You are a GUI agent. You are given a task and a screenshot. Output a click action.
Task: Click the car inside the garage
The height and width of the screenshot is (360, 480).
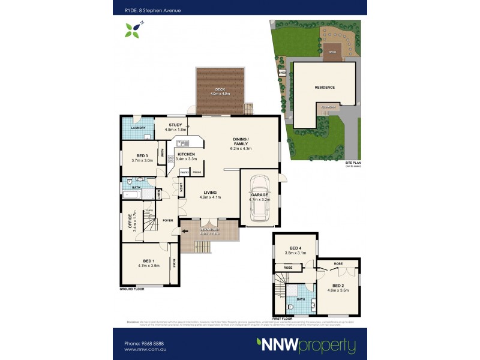pyautogui.click(x=259, y=198)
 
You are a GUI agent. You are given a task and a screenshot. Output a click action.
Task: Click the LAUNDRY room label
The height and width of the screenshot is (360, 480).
pyautogui.click(x=139, y=128)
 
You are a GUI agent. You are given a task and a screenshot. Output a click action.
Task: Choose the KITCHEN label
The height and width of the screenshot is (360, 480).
pyautogui.click(x=186, y=155)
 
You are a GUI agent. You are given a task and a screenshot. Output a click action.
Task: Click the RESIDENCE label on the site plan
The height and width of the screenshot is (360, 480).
pyautogui.click(x=325, y=87)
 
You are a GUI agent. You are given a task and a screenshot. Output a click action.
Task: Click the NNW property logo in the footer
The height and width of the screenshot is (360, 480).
pyautogui.click(x=306, y=345)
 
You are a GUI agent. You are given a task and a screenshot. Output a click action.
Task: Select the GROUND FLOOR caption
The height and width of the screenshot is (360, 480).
pyautogui.click(x=131, y=289)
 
